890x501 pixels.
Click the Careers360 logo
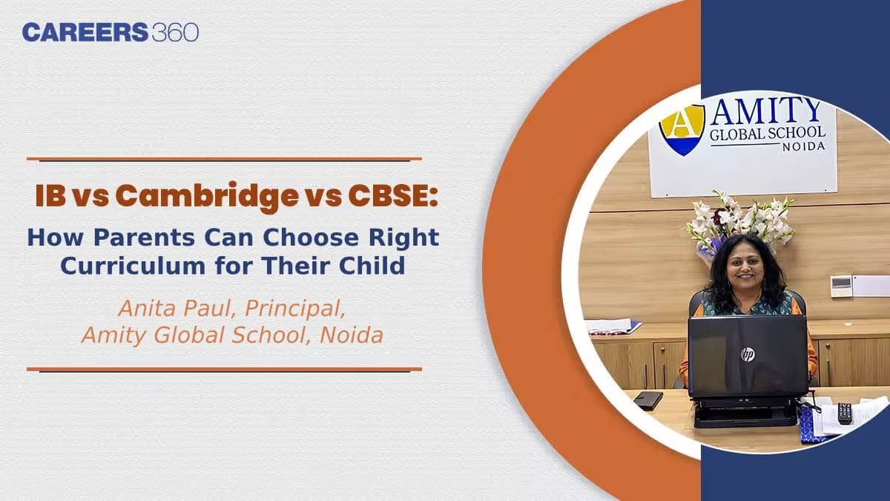tap(110, 33)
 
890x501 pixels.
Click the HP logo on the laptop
tap(748, 354)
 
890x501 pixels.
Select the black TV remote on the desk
tap(845, 413)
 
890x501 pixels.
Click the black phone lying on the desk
tap(647, 400)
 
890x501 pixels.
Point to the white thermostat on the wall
tap(840, 286)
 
